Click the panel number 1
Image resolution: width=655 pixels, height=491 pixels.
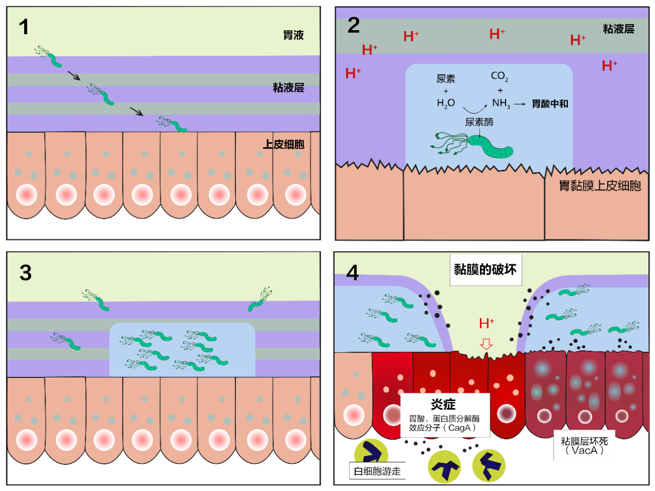(x=24, y=27)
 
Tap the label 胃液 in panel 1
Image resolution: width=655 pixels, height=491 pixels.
(x=293, y=35)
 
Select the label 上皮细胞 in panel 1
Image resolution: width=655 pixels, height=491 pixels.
(x=283, y=144)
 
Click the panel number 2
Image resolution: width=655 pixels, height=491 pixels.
(x=354, y=26)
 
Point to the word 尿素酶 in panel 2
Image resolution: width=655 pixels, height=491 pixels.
(x=479, y=122)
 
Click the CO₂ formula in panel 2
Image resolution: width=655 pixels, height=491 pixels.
(x=499, y=76)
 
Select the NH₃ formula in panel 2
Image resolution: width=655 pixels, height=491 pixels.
(x=501, y=103)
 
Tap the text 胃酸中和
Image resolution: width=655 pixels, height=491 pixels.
(x=550, y=104)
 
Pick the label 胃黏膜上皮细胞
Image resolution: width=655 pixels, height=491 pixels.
(x=599, y=186)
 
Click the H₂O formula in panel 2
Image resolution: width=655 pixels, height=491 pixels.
(x=446, y=103)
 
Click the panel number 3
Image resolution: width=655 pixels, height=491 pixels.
(x=26, y=273)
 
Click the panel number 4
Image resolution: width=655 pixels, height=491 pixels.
(x=353, y=273)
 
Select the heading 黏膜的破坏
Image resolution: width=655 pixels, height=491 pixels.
(x=485, y=270)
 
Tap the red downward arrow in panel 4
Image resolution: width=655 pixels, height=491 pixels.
(x=486, y=344)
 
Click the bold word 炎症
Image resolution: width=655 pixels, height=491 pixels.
(x=443, y=405)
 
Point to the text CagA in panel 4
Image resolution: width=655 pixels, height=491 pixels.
(x=459, y=428)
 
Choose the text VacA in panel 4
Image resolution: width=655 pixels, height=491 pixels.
(x=584, y=451)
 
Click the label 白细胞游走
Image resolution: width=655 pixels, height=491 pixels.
(x=378, y=471)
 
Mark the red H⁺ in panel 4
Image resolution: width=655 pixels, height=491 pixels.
(x=486, y=323)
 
